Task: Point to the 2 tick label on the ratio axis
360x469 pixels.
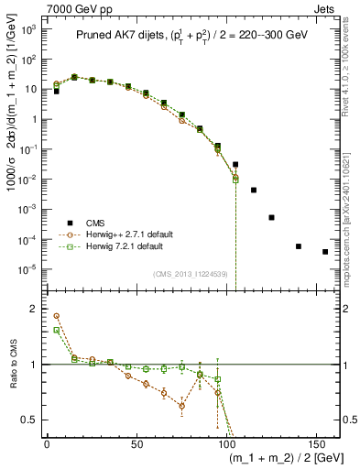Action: (x=38, y=309)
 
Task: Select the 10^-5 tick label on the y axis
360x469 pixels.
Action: (x=30, y=269)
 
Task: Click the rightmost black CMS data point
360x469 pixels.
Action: (x=325, y=252)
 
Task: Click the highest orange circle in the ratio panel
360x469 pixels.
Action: (x=56, y=316)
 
